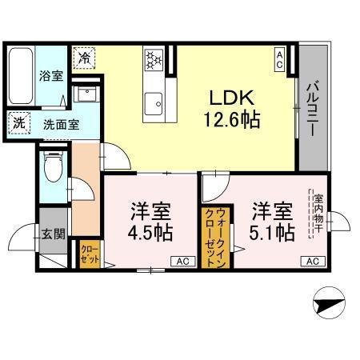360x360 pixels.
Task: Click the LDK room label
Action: (x=232, y=98)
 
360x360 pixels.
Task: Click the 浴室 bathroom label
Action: (x=50, y=78)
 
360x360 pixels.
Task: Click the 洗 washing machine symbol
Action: (x=18, y=124)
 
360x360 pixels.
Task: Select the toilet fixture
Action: (x=54, y=167)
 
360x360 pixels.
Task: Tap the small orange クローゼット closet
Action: (x=89, y=255)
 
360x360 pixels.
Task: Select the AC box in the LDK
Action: (x=280, y=58)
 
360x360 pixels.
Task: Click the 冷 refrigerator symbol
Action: (x=83, y=58)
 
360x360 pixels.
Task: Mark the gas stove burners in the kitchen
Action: (x=153, y=59)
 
